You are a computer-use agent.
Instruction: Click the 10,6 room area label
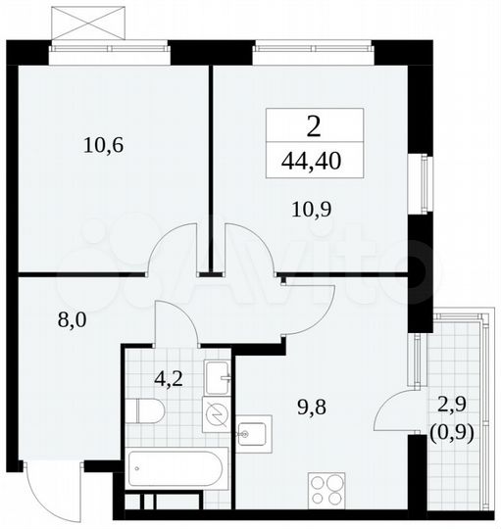[x=103, y=147]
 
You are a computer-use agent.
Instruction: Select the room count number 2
[x=314, y=125]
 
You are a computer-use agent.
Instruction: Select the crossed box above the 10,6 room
[x=91, y=23]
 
